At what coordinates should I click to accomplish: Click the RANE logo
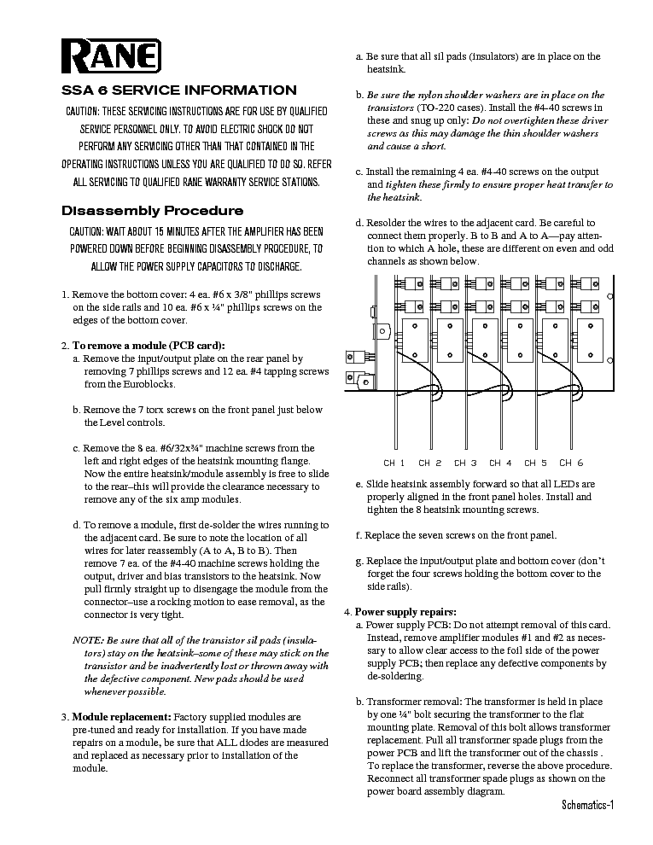[x=111, y=58]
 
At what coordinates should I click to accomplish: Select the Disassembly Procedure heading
[x=153, y=211]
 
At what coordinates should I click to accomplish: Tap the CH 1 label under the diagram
[x=394, y=463]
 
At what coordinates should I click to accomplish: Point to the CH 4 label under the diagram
[x=500, y=463]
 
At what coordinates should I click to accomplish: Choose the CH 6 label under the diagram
[x=571, y=463]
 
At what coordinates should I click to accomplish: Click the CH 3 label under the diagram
[x=464, y=463]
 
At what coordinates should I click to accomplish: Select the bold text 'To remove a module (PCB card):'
[x=149, y=346]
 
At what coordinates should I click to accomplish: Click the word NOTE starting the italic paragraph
[x=87, y=640]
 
